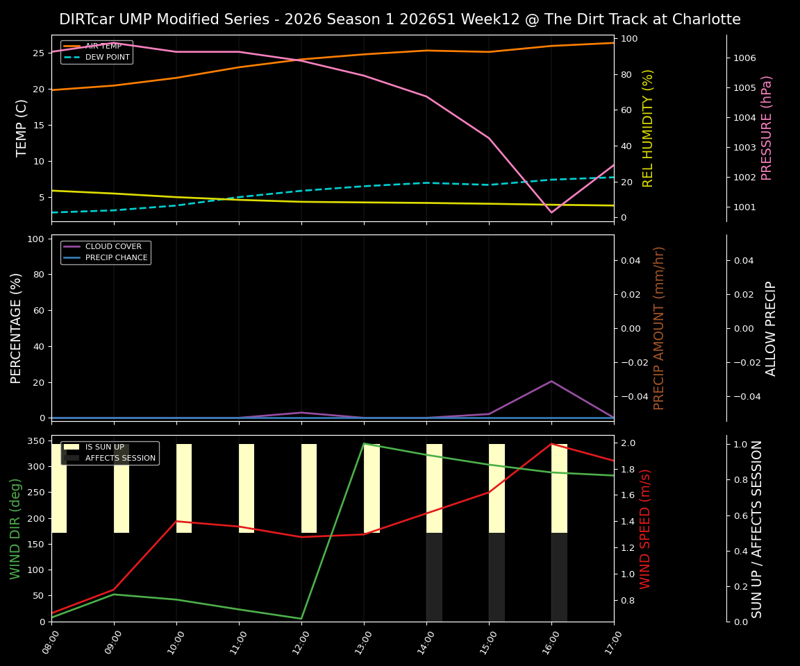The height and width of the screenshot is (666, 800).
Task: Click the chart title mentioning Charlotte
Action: tap(399, 19)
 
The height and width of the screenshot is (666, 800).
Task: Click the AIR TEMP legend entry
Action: tap(103, 46)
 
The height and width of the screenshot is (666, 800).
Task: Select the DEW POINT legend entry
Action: tap(107, 57)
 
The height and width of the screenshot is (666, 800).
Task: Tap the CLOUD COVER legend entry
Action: tap(113, 246)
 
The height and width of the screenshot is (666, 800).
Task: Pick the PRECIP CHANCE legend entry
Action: tap(116, 257)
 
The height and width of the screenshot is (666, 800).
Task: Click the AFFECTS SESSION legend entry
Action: tap(120, 458)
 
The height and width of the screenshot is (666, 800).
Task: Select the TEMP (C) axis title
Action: tap(22, 128)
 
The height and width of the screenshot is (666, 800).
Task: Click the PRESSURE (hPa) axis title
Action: tap(767, 128)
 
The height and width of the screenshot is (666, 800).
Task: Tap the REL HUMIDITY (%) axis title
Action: tap(648, 128)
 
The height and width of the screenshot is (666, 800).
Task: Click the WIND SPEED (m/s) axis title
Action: tap(646, 529)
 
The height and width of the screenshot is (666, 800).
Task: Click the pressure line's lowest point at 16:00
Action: tap(551, 212)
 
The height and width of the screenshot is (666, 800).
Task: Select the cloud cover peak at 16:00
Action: tap(551, 381)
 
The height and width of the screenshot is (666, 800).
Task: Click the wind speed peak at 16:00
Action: tap(551, 444)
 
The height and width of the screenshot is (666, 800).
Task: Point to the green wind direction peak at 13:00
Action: tap(364, 444)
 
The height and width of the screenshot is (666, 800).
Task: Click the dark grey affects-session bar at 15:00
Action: tap(497, 577)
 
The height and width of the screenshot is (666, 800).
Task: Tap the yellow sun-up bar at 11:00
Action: tap(247, 488)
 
